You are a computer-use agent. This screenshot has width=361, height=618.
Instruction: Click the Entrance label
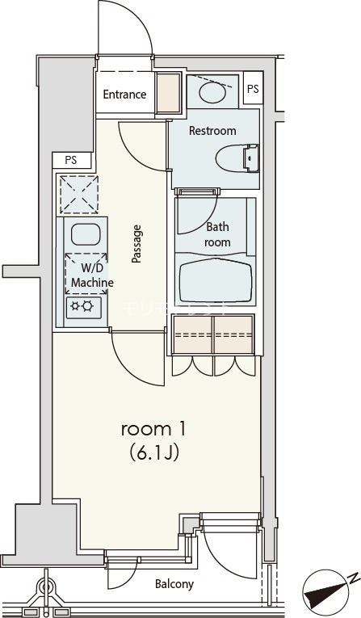point(124,95)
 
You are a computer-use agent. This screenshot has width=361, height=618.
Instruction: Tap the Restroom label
point(212,131)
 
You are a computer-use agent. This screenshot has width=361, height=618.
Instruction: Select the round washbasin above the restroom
point(212,93)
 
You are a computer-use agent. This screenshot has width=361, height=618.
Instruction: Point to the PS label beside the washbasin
point(253,89)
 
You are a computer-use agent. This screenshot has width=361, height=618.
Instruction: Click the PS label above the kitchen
point(71,160)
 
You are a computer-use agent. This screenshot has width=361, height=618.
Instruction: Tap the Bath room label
point(217,234)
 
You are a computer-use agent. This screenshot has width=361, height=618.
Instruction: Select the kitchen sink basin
point(84,235)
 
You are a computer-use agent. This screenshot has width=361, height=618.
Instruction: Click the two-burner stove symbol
point(84,305)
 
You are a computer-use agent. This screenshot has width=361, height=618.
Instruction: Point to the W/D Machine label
point(91,275)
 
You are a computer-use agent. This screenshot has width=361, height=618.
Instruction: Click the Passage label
point(137,244)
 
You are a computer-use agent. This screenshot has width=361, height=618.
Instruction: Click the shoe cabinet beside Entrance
point(168,94)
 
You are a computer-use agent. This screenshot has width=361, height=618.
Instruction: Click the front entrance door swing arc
point(137,24)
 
